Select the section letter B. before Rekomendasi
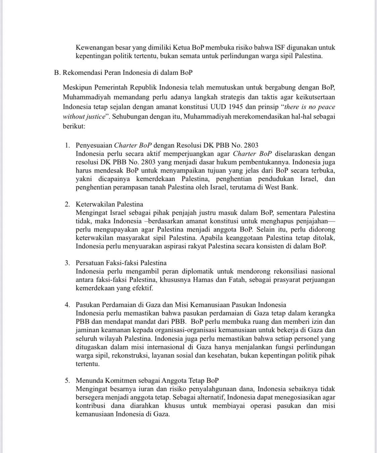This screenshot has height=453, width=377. (57, 73)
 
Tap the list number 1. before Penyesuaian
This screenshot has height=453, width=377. (68, 145)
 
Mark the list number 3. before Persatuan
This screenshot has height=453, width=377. (68, 263)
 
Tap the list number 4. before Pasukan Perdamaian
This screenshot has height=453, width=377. (68, 305)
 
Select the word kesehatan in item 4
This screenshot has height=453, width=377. (222, 355)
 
